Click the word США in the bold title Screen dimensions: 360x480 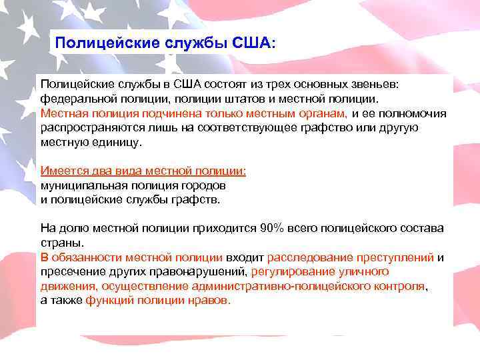coord(251,44)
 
